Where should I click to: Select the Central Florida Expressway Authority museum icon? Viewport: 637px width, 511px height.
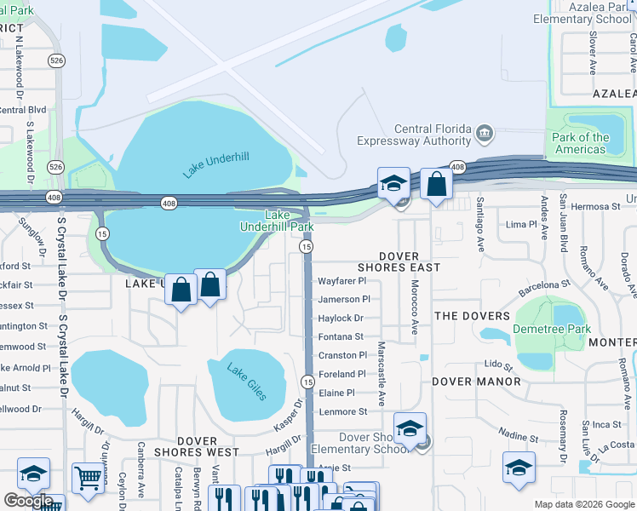click(x=485, y=133)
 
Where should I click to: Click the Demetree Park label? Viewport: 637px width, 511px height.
click(x=551, y=329)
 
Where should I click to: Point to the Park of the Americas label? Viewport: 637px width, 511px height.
click(x=580, y=143)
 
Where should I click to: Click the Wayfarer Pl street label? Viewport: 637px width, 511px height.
click(x=341, y=280)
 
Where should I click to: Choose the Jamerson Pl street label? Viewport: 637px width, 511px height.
click(x=343, y=299)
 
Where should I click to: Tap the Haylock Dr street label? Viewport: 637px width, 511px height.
click(x=340, y=318)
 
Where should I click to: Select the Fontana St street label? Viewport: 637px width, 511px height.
click(x=341, y=336)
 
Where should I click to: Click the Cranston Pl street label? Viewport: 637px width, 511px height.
click(x=341, y=355)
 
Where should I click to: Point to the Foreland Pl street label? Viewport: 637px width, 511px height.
click(x=341, y=374)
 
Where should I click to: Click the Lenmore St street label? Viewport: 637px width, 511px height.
click(x=341, y=411)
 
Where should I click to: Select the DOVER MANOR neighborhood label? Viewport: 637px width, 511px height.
click(x=476, y=382)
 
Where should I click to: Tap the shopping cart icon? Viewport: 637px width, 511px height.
click(x=88, y=479)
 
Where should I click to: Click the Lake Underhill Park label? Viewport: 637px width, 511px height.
click(x=277, y=221)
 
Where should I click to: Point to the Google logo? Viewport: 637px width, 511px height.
click(x=28, y=501)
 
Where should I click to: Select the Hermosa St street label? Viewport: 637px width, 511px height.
click(x=594, y=206)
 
